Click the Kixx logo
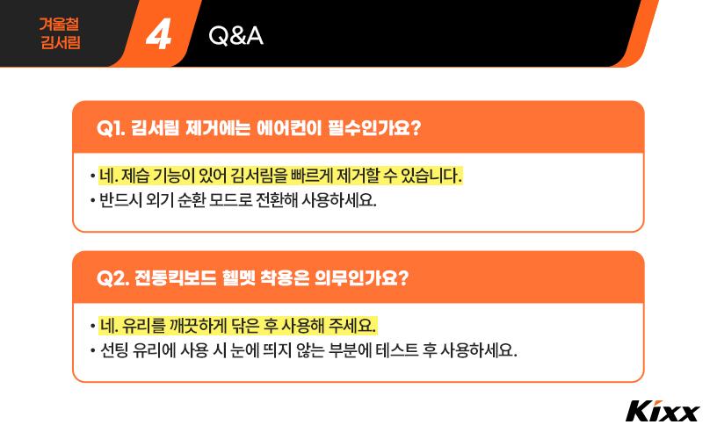663,411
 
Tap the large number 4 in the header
159,35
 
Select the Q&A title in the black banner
236,36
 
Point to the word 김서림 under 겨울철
60,42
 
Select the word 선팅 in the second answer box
114,350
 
